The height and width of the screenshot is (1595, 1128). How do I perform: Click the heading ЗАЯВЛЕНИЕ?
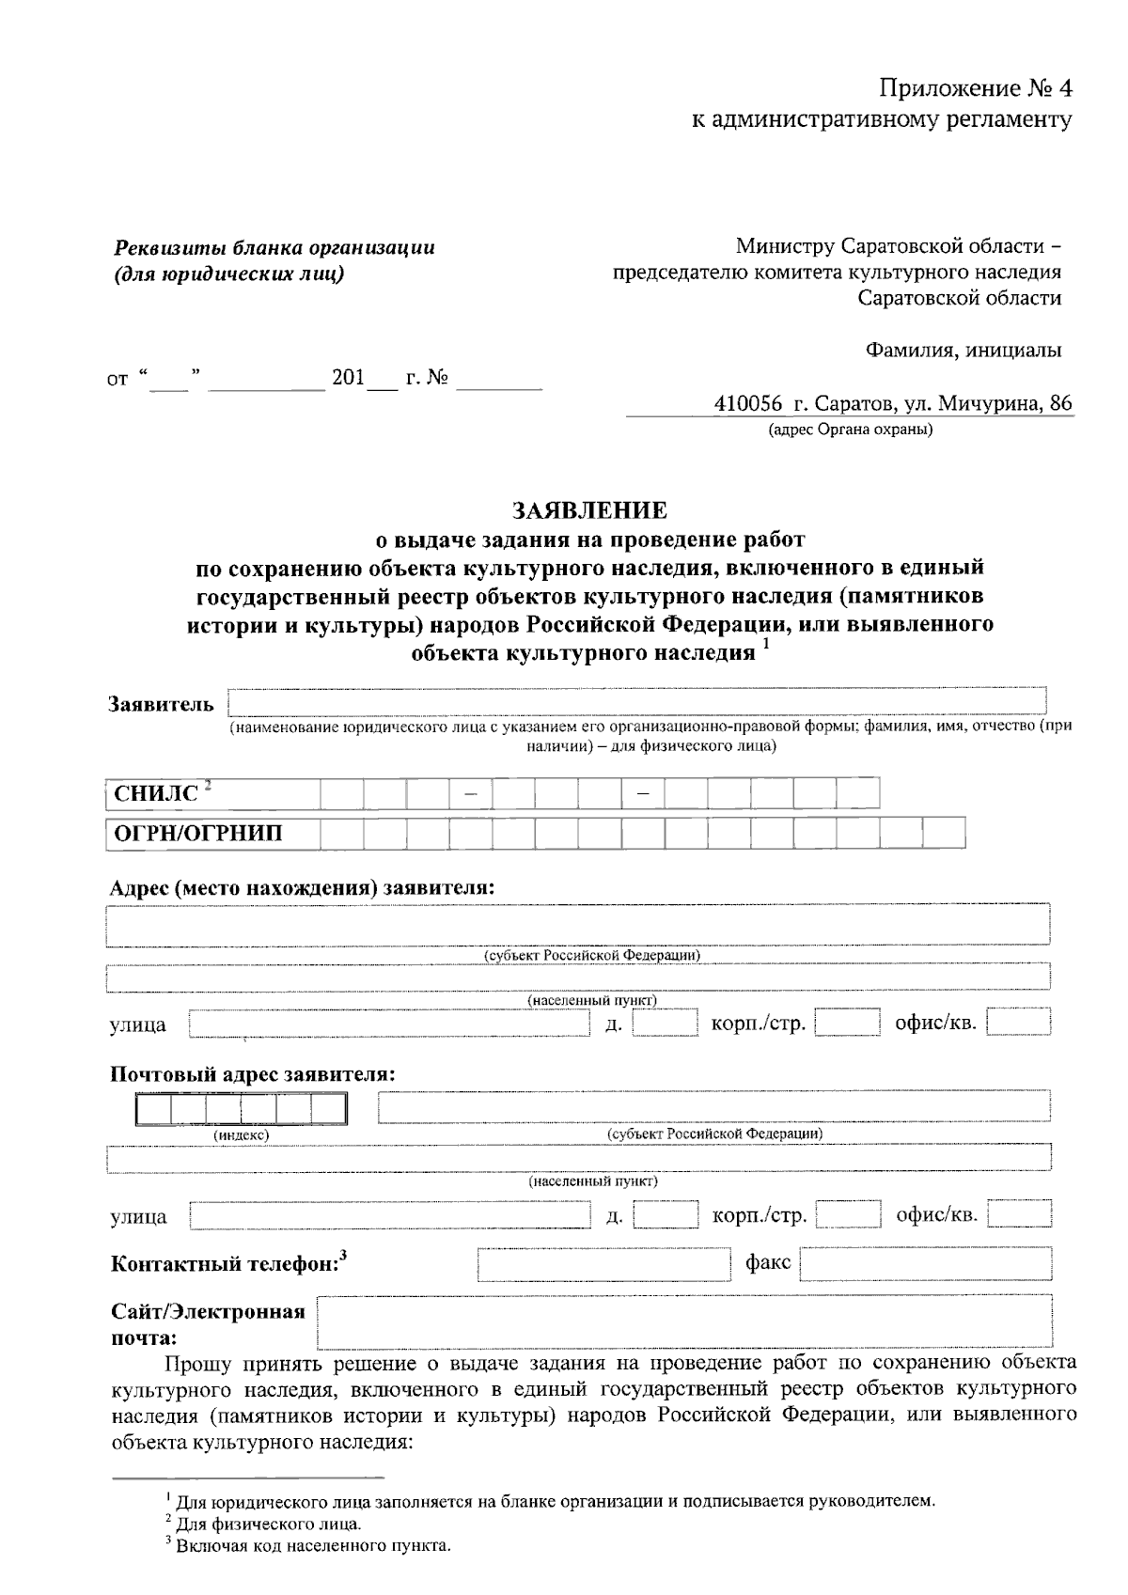pos(589,510)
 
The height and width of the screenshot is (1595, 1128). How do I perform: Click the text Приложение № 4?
pos(974,89)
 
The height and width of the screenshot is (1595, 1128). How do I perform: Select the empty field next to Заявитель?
pos(637,702)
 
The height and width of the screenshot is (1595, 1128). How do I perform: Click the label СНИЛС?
pos(157,794)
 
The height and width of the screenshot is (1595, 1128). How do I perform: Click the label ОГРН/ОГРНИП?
pos(198,834)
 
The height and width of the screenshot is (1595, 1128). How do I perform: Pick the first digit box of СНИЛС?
pos(341,794)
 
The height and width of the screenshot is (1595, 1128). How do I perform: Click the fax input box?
pos(925,1264)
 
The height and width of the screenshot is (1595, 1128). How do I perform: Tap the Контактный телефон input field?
pos(604,1264)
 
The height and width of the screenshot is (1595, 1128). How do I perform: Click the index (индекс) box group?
pos(241,1110)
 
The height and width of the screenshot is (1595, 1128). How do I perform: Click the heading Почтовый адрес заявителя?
pos(253,1074)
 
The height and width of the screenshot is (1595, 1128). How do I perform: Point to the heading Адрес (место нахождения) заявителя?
pos(302,887)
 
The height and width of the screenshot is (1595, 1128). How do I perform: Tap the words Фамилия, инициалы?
pos(963,351)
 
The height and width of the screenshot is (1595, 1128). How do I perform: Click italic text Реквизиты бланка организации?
pos(274,248)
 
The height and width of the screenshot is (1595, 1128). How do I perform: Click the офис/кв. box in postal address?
pos(1019,1216)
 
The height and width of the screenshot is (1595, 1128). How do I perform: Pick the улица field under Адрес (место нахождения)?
pos(389,1024)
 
